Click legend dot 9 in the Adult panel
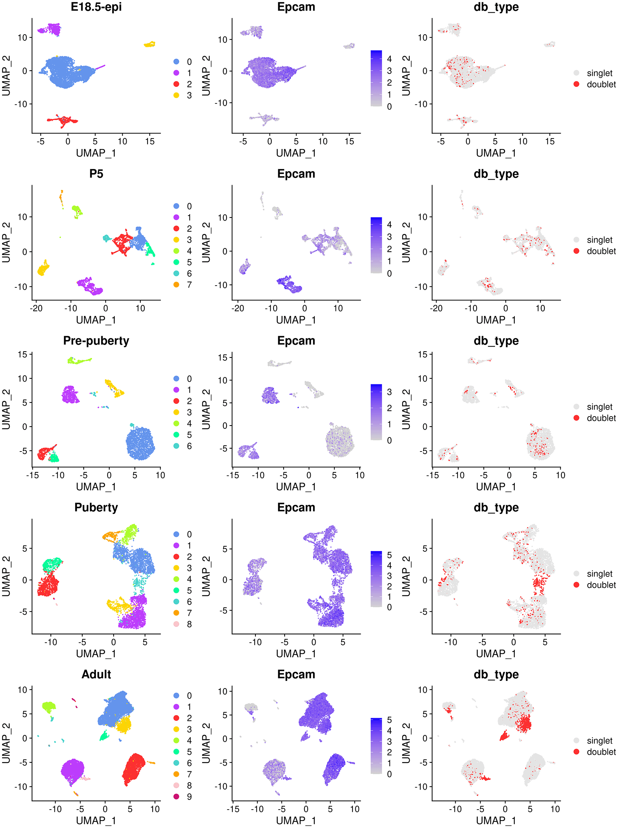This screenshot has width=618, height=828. tap(176, 797)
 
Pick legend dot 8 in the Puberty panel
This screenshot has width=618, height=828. tap(176, 624)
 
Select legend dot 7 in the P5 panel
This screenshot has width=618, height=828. tap(176, 285)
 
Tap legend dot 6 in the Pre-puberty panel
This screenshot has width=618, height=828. tap(176, 446)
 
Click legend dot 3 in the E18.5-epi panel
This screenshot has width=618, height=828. tap(176, 95)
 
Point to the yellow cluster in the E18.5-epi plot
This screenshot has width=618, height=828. tap(150, 44)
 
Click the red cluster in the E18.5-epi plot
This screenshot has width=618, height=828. tap(65, 120)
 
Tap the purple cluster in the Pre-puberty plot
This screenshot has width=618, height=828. tap(70, 395)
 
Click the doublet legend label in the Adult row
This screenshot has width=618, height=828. tap(601, 752)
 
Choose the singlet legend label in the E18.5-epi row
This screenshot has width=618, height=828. tap(599, 73)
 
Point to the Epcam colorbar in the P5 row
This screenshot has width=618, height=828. tap(376, 245)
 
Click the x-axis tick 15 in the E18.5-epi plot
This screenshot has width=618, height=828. tap(150, 141)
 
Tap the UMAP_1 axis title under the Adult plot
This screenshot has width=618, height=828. tap(96, 820)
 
